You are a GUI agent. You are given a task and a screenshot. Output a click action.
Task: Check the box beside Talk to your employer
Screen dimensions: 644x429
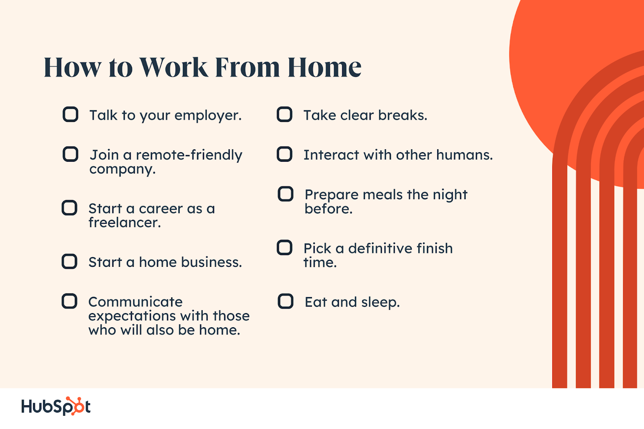(70, 114)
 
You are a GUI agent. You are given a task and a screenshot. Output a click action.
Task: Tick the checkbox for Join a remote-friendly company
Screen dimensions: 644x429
(70, 154)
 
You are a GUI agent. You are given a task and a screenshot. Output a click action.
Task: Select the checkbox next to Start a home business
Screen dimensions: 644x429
(69, 261)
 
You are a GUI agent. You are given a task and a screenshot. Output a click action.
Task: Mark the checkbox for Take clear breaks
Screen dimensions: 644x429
(285, 114)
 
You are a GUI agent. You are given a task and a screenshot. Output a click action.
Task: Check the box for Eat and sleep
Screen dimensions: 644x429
(285, 301)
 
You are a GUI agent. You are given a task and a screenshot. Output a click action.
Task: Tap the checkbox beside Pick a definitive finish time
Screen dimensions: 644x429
(285, 248)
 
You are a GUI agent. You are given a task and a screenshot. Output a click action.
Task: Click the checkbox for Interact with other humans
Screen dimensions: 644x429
(285, 154)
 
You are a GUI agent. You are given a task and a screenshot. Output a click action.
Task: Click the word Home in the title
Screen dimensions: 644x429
(324, 68)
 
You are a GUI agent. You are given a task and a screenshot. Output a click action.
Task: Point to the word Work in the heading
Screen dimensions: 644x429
(173, 68)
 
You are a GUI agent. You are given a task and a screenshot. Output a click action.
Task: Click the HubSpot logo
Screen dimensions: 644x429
(56, 406)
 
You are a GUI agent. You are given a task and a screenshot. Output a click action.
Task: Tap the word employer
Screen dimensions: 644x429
(208, 116)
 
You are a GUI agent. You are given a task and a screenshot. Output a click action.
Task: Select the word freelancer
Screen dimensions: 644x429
(124, 223)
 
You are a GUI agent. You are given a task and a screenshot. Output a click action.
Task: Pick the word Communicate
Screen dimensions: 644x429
(135, 302)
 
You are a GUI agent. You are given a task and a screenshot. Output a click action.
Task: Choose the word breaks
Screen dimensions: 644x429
(402, 115)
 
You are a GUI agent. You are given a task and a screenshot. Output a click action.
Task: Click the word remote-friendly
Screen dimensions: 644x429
(189, 155)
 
